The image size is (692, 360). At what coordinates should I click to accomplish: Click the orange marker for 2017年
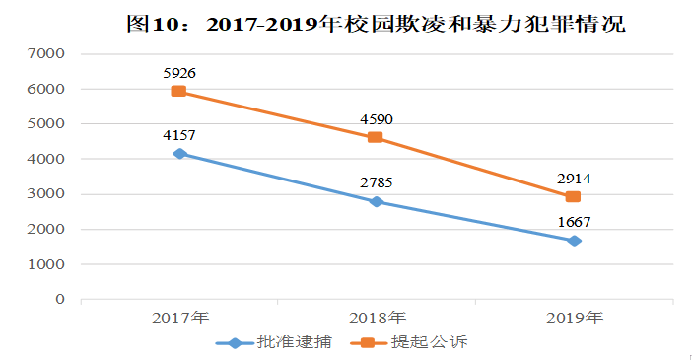click(178, 91)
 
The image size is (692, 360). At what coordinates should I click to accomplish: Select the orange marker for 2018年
click(376, 137)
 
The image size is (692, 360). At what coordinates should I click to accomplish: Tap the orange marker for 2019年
click(573, 196)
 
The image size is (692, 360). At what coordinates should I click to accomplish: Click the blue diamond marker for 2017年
click(178, 153)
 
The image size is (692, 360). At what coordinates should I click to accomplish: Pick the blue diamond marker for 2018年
click(376, 201)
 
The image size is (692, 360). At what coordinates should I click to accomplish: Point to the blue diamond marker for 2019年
click(573, 241)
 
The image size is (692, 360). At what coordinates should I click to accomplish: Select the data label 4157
click(179, 134)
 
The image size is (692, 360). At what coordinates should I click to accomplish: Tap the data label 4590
click(377, 119)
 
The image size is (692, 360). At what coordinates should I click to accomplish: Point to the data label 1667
click(574, 221)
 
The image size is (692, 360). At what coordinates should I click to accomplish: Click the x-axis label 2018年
click(377, 319)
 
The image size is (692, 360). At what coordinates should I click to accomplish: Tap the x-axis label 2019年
click(574, 319)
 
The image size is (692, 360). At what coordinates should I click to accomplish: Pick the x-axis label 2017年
click(179, 319)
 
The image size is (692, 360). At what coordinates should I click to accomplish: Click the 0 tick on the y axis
click(59, 299)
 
